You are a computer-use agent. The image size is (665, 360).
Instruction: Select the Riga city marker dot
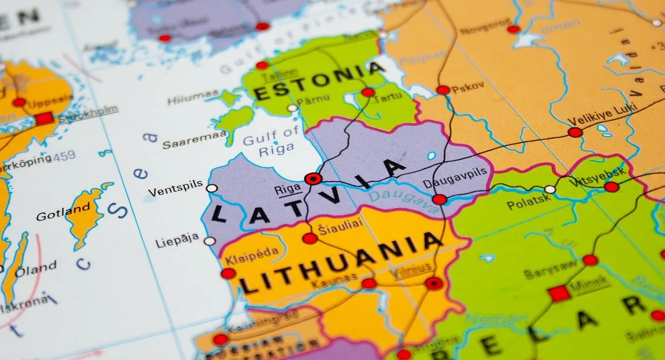click(313, 178)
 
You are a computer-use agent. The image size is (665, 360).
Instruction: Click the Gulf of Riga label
click(271, 140)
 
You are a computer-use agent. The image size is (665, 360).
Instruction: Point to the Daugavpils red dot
click(439, 199)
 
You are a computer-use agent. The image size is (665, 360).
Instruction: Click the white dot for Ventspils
click(212, 188)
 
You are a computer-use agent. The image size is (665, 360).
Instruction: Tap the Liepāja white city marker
click(209, 241)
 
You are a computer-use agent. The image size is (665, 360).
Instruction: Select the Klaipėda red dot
click(228, 273)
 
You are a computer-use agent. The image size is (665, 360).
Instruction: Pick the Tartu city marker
click(368, 92)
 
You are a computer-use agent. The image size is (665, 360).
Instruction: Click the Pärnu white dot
click(292, 108)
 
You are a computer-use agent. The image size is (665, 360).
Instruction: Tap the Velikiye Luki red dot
click(575, 132)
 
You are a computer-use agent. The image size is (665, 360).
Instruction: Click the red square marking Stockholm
click(44, 119)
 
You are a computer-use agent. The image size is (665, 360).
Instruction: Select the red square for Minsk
click(559, 294)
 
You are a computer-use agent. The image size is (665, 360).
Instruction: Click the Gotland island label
click(63, 212)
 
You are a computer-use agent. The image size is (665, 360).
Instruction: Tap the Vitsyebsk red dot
click(612, 187)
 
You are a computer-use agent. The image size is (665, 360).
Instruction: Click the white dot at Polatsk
click(550, 189)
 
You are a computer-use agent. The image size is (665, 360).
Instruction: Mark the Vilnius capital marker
click(434, 284)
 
